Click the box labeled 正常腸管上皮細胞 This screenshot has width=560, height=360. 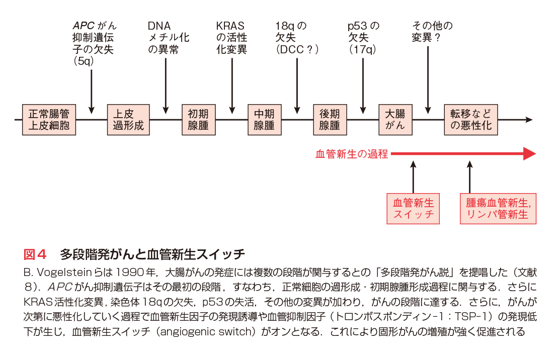pos(49,120)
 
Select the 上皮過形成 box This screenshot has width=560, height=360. pos(128,120)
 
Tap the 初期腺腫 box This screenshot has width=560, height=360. pos(198,120)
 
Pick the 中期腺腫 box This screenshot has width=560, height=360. pos(264,120)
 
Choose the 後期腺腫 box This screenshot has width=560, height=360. pos(330,120)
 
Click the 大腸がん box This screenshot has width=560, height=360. pos(395,120)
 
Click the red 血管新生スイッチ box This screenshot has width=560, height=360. pos(413,209)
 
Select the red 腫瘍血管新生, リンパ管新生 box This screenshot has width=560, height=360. pos(498,209)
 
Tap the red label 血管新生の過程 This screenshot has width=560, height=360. pos(352,154)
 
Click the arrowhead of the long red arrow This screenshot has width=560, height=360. pos(529,154)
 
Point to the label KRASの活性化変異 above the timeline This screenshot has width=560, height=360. pos(231,38)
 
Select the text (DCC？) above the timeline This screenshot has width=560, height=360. pos(298,50)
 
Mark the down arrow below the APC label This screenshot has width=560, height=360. pos(92,91)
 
